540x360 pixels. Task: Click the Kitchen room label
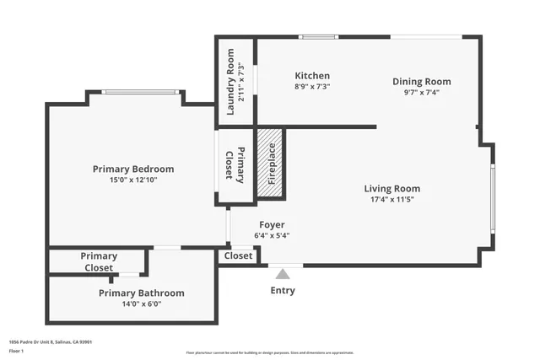311,75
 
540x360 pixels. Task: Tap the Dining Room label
421,82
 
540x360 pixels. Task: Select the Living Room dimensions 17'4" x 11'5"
391,200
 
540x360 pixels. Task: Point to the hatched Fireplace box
271,164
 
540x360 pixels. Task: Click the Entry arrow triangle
283,273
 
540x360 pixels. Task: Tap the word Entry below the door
283,291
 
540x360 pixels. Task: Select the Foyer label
271,225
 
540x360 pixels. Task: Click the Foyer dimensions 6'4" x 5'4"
271,236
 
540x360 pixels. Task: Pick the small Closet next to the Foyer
238,255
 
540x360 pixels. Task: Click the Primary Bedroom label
133,169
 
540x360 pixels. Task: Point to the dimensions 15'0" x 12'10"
133,180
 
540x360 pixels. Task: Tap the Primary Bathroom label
141,293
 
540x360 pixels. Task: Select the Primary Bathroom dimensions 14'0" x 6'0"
141,304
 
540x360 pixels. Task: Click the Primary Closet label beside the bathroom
99,261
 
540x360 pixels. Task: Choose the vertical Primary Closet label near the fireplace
235,165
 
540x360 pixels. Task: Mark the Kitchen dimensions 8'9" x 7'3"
311,86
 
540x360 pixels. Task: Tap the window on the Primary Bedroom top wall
140,92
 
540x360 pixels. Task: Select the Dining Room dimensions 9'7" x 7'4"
421,93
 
